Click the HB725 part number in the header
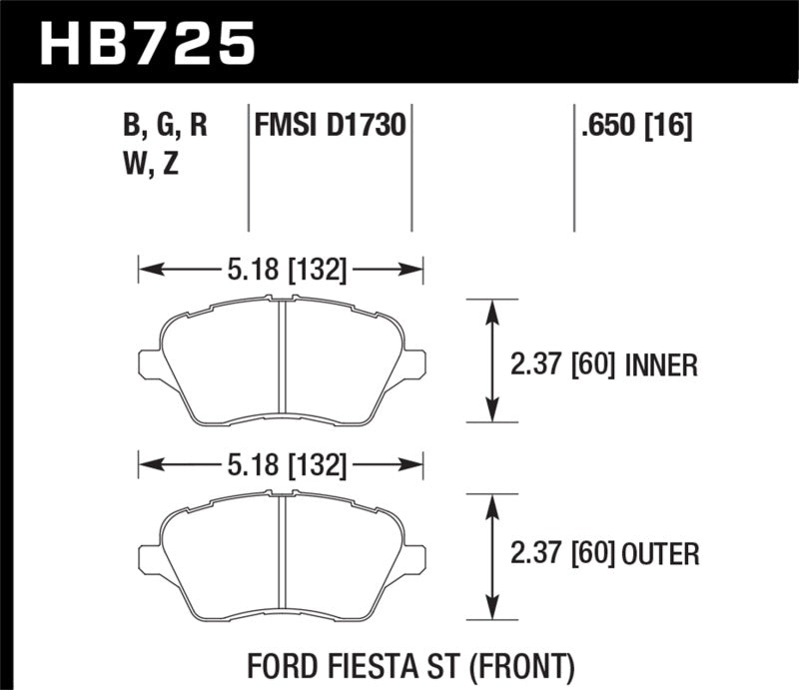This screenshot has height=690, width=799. click(147, 42)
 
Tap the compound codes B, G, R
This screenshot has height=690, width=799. click(165, 127)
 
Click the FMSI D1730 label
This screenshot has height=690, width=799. click(330, 127)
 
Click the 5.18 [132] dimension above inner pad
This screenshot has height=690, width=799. click(281, 269)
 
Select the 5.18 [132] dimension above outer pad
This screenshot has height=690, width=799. click(281, 464)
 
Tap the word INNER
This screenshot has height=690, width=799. click(660, 366)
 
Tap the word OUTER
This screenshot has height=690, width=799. click(660, 552)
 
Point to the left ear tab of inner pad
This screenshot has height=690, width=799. click(150, 364)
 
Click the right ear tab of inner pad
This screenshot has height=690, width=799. click(413, 364)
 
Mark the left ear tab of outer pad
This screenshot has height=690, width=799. click(150, 560)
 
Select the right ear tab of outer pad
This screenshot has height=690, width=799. click(413, 560)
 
